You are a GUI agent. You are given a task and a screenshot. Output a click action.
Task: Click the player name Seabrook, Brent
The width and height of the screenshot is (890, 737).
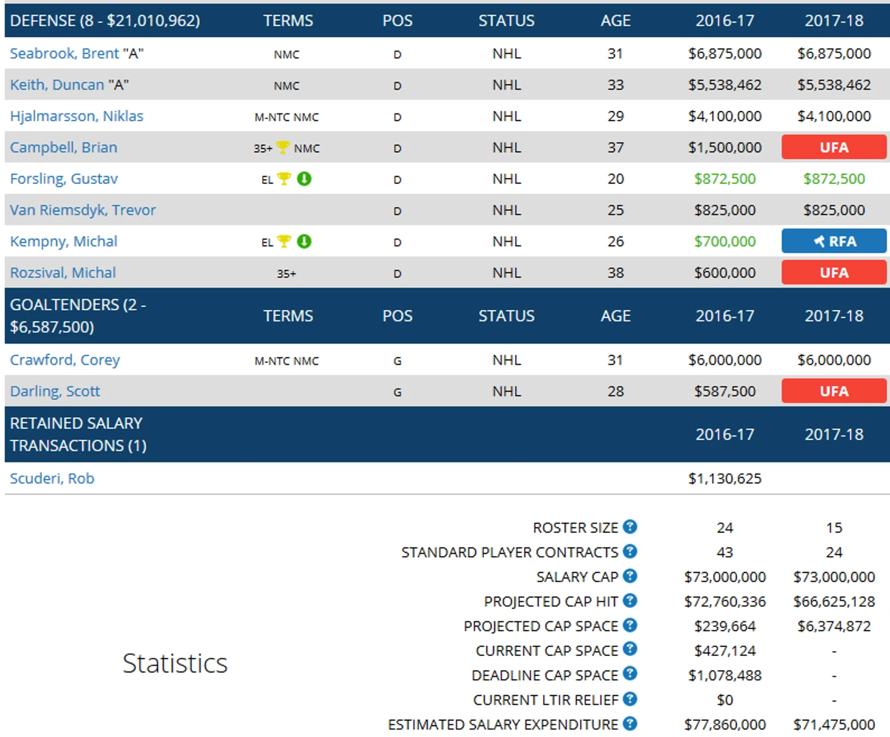64,54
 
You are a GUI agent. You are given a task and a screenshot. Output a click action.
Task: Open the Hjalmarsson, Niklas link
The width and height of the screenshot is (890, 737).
77,116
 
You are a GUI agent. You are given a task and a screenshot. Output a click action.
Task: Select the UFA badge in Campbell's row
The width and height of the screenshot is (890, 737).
833,147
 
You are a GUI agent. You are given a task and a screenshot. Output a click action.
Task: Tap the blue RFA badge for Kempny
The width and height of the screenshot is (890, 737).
833,241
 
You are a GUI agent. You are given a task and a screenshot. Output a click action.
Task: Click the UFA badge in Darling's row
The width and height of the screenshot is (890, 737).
833,391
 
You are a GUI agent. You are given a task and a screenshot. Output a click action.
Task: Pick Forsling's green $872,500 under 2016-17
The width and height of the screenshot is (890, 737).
724,179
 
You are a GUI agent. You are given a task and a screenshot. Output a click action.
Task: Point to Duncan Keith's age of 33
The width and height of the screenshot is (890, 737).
615,85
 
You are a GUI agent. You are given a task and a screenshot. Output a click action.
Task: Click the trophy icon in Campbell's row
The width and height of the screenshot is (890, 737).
283,147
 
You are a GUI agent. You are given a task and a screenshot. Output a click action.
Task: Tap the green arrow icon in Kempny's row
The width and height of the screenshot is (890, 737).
304,241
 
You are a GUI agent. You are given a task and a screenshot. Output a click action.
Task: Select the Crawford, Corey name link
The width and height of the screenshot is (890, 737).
65,360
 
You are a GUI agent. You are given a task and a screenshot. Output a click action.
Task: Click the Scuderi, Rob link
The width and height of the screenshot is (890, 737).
52,479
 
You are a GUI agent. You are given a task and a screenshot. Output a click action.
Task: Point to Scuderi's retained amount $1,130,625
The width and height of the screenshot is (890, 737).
724,479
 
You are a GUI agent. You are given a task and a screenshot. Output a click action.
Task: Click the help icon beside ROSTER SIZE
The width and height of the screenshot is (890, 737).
630,527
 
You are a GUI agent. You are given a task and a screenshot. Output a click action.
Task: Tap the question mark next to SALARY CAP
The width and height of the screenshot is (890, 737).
630,576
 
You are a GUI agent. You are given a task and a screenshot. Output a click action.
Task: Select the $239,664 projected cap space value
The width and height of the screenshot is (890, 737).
724,626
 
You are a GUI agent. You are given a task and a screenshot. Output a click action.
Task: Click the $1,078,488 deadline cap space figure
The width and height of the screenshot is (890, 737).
724,675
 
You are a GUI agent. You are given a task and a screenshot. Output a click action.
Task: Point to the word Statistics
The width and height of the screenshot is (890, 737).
175,663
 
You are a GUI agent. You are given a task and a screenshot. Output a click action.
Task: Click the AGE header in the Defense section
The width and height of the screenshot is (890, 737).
615,21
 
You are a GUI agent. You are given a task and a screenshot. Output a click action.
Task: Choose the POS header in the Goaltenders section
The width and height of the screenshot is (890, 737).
397,316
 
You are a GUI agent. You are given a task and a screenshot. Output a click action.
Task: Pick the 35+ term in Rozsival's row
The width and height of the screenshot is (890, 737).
287,273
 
